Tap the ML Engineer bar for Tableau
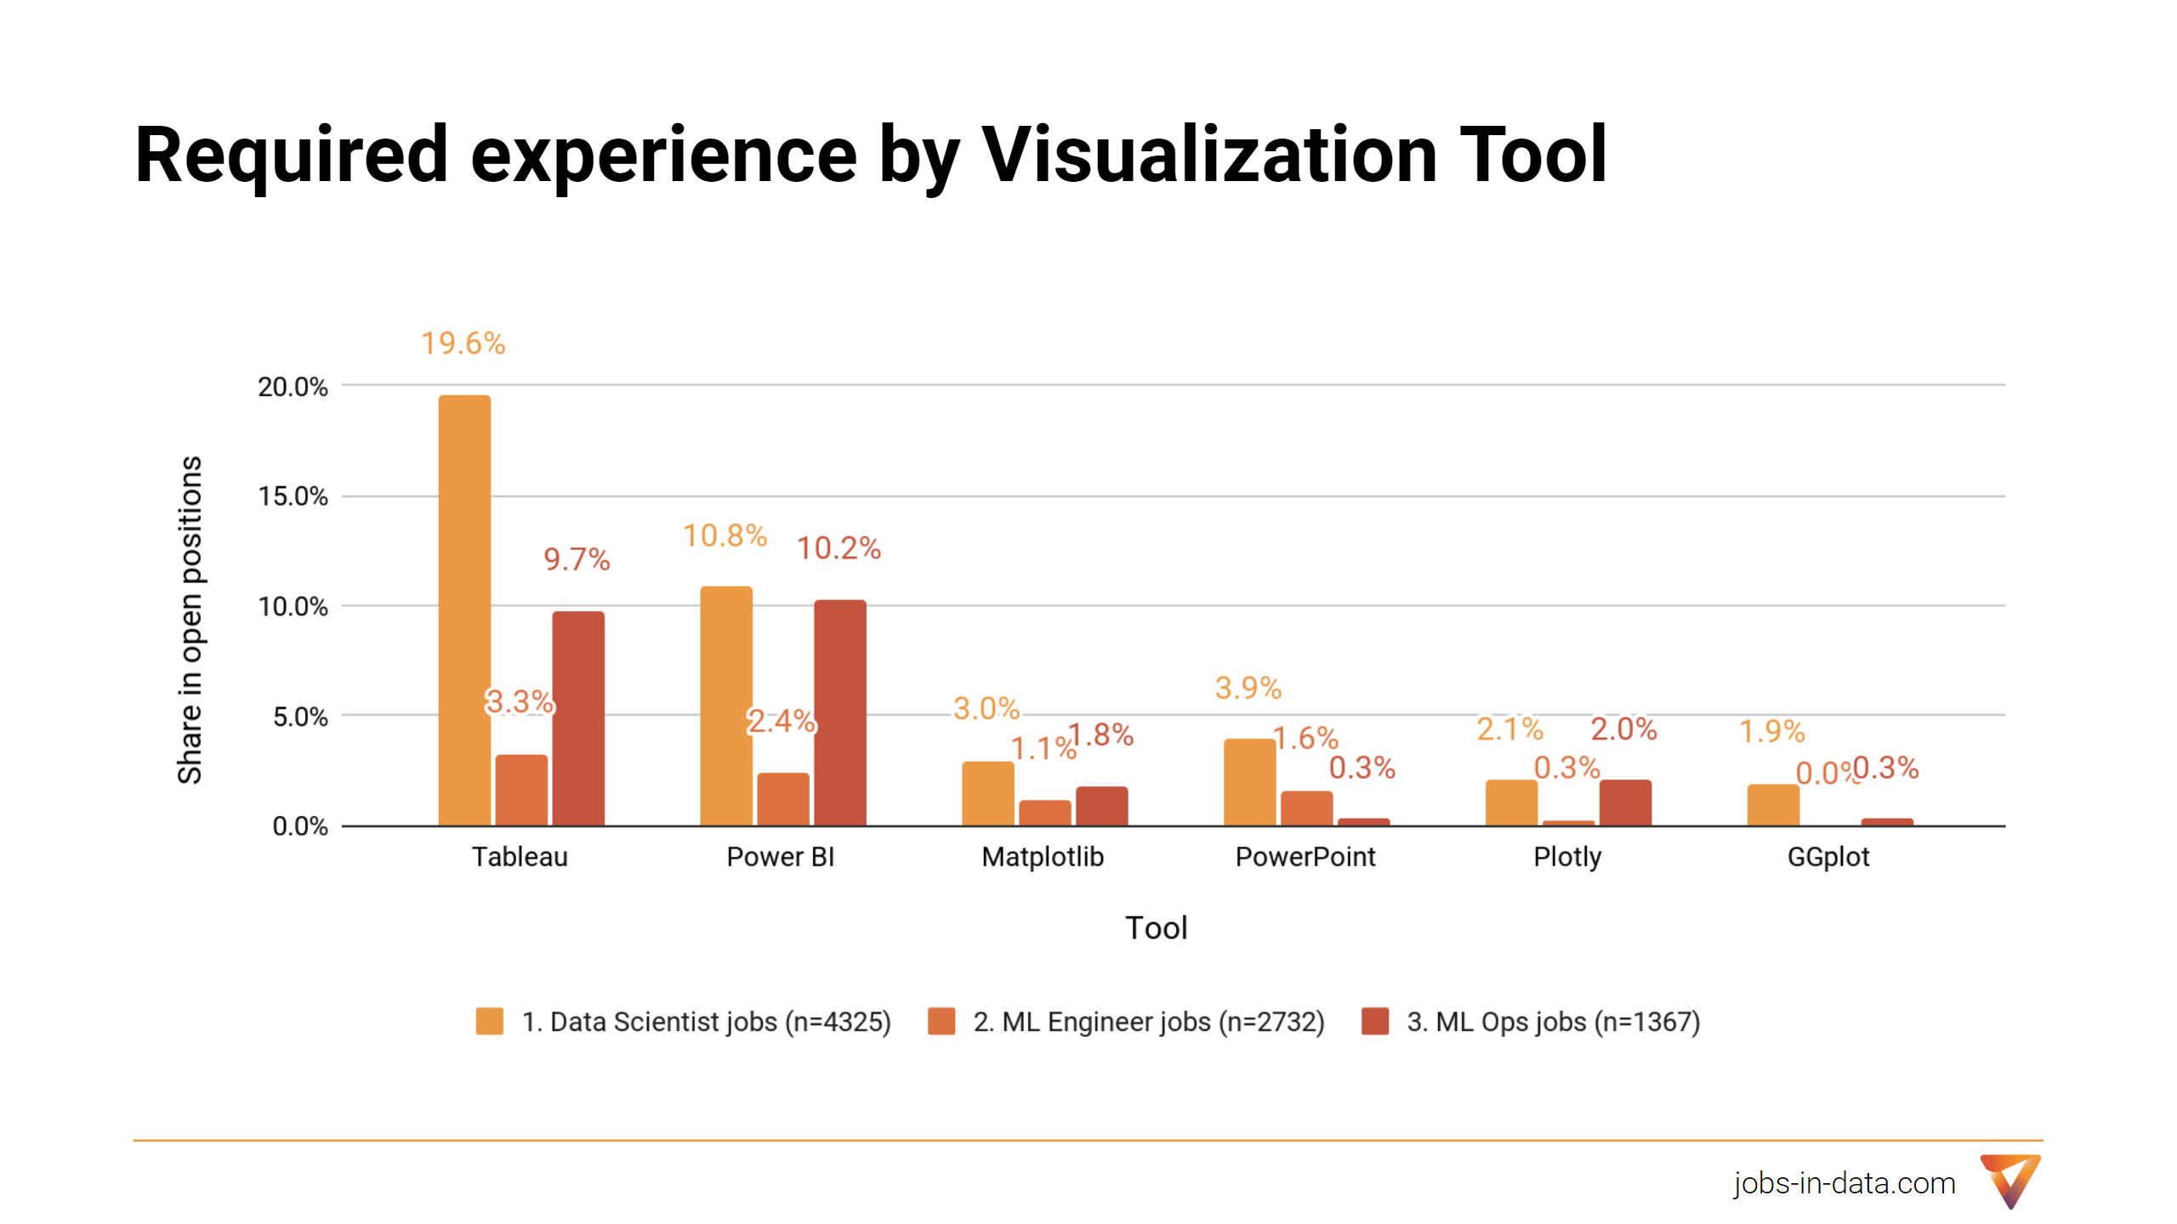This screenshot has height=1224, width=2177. (521, 790)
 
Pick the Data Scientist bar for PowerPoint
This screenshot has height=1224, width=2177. (1249, 782)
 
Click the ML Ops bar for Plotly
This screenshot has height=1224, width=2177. (1625, 802)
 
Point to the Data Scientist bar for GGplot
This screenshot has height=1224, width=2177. (1773, 805)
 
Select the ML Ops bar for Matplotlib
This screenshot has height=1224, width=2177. (1101, 806)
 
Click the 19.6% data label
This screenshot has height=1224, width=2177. (463, 343)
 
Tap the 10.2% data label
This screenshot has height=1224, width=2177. (838, 548)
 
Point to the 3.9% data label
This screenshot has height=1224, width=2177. (1248, 688)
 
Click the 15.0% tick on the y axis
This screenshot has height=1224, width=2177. (293, 496)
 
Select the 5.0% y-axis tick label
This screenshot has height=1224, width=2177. (299, 717)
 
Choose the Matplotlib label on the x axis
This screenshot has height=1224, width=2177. (1043, 857)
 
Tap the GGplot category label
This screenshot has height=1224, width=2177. (1828, 857)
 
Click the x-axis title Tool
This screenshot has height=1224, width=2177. (1156, 927)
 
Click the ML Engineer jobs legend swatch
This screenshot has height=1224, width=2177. (941, 1021)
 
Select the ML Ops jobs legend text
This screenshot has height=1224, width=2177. (1553, 1021)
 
